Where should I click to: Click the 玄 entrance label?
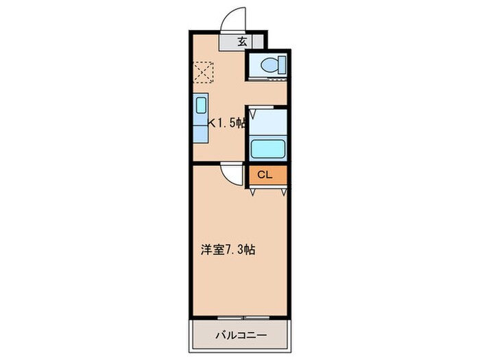[x=242, y=41]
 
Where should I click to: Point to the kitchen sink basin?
[x=201, y=106]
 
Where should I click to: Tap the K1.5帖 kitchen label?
[x=226, y=123]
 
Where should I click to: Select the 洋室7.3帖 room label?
[x=228, y=250]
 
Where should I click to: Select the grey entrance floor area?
[x=232, y=41]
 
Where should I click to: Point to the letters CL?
[x=265, y=175]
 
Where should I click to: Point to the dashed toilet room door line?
[x=267, y=82]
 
